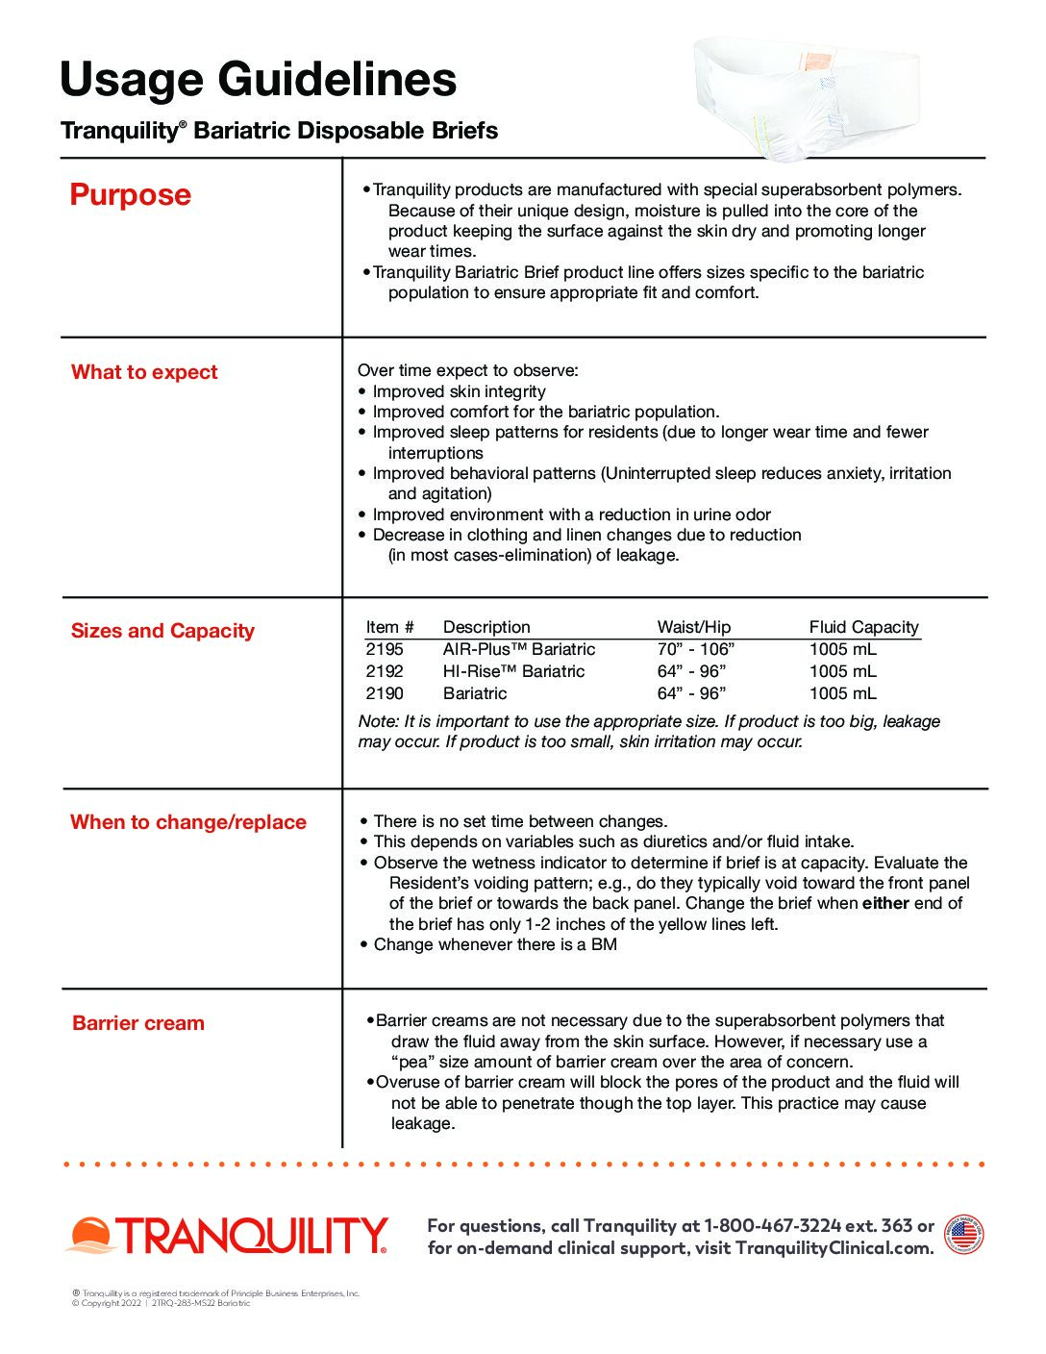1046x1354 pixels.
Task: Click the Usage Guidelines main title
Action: tap(258, 80)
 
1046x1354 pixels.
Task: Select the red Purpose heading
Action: tap(131, 195)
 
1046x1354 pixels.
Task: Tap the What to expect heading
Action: tap(144, 372)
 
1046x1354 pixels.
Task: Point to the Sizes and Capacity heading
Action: tap(162, 631)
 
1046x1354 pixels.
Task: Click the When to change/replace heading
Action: tap(188, 822)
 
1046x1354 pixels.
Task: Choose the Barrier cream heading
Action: tap(138, 1023)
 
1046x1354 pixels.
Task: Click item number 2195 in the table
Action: tap(385, 649)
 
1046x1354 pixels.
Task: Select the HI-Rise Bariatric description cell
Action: tap(513, 671)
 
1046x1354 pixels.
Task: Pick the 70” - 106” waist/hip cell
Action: tap(695, 649)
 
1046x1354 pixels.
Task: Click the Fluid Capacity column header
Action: tap(863, 627)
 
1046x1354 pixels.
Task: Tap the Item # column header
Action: tap(389, 627)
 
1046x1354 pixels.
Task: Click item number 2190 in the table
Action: tap(385, 693)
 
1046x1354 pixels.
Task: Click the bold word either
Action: tap(885, 903)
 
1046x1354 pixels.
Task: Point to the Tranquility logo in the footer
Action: tap(227, 1236)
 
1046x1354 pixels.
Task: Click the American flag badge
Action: tap(963, 1235)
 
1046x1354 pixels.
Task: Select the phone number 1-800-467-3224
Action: tap(772, 1225)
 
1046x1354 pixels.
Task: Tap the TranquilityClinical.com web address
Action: tap(834, 1248)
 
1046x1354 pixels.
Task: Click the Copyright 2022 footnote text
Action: tap(106, 1304)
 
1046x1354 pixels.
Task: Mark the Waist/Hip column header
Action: tap(694, 627)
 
